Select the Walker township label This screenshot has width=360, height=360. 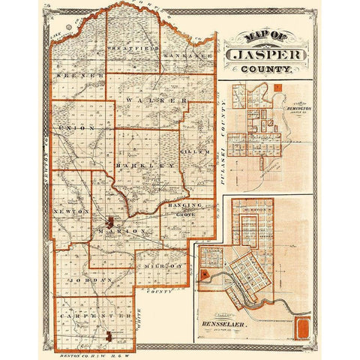[155, 100]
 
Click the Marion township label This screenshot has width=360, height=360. [121, 232]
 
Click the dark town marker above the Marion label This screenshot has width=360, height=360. [111, 223]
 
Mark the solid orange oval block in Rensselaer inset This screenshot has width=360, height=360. [303, 327]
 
